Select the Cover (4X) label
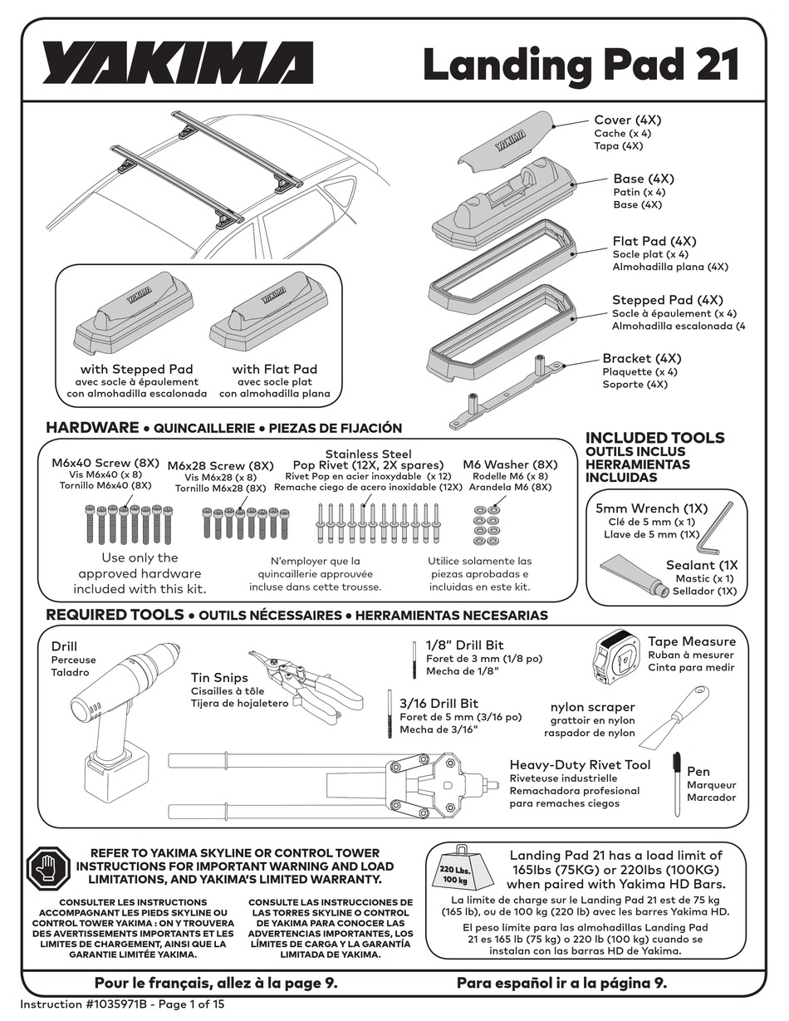pos(627,120)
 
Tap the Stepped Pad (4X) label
pos(667,300)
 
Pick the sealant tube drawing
pos(635,577)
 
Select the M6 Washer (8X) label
pos(510,464)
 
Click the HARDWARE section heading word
pos(92,428)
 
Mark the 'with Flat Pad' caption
pos(274,369)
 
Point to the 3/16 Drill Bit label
pos(439,704)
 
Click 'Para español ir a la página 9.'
pos(561,983)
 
